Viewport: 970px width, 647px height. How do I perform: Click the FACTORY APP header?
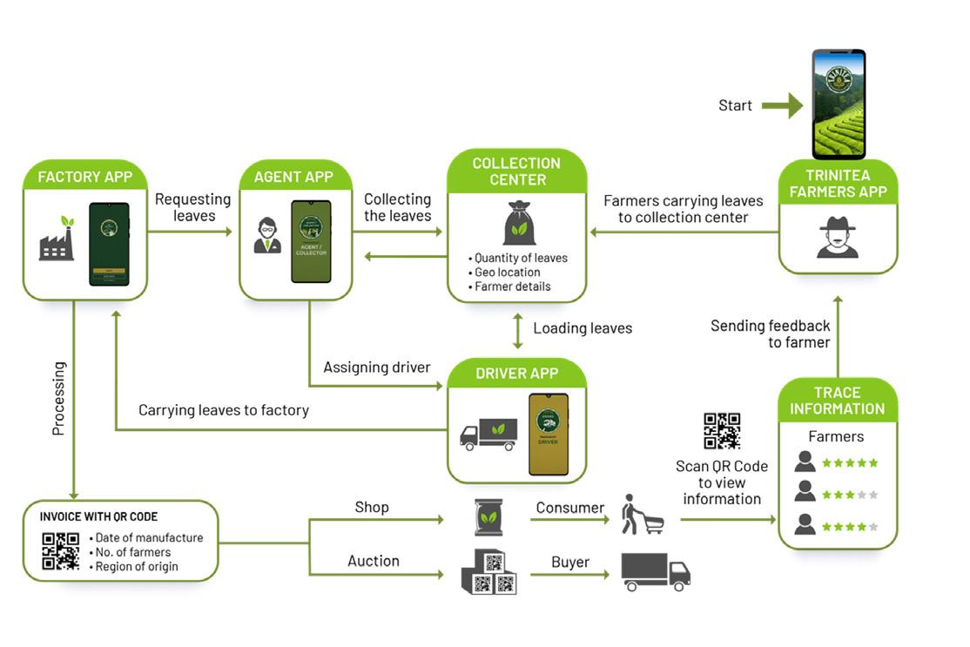tap(84, 177)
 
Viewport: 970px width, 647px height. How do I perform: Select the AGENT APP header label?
tap(293, 177)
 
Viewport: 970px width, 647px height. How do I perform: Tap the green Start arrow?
tap(782, 105)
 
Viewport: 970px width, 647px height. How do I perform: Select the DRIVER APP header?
tap(516, 373)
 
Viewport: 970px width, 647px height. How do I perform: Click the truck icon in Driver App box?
tap(488, 434)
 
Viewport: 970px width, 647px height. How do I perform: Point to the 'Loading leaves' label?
tap(583, 328)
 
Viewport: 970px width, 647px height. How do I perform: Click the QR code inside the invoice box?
tap(60, 550)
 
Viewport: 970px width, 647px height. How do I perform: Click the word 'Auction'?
tap(374, 562)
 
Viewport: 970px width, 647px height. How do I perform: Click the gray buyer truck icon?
tap(655, 572)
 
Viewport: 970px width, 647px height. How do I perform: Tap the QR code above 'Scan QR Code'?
tap(722, 431)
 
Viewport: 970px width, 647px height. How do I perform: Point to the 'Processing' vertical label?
tap(58, 398)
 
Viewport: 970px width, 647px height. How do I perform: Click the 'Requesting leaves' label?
tap(192, 207)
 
